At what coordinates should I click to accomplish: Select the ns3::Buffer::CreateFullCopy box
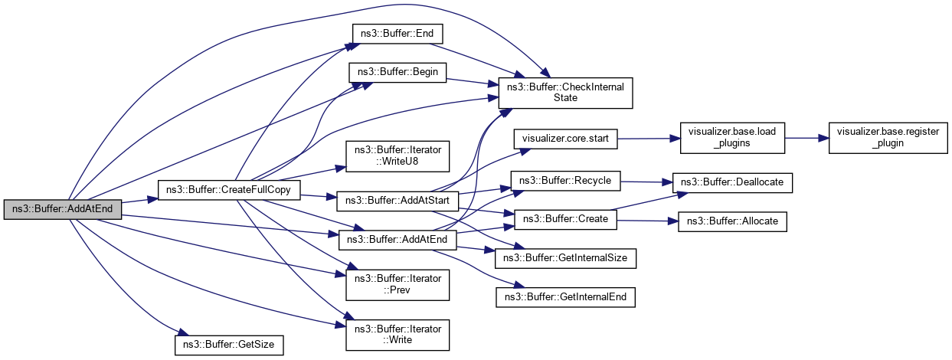pyautogui.click(x=227, y=188)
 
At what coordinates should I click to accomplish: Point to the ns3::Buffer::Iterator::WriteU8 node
pyautogui.click(x=397, y=156)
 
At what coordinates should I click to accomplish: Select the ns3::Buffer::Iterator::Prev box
pyautogui.click(x=397, y=284)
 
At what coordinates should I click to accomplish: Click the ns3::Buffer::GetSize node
pyautogui.click(x=229, y=345)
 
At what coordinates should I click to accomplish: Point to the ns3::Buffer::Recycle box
pyautogui.click(x=566, y=181)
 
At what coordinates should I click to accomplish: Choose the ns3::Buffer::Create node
pyautogui.click(x=566, y=219)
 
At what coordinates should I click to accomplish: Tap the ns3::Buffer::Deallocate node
pyautogui.click(x=732, y=182)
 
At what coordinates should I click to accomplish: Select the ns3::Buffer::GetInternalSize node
pyautogui.click(x=566, y=258)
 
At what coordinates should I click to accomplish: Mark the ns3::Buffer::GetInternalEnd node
pyautogui.click(x=566, y=296)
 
